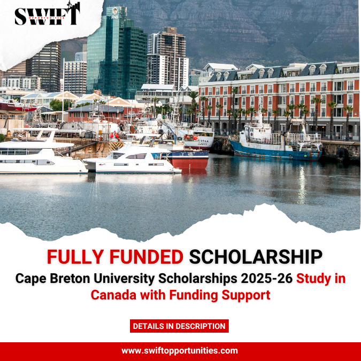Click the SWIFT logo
click(47, 15)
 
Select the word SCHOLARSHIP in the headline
click(256, 257)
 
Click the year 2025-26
click(266, 279)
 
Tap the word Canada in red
click(113, 295)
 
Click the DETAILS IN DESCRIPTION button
click(179, 326)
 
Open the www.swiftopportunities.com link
click(180, 351)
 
